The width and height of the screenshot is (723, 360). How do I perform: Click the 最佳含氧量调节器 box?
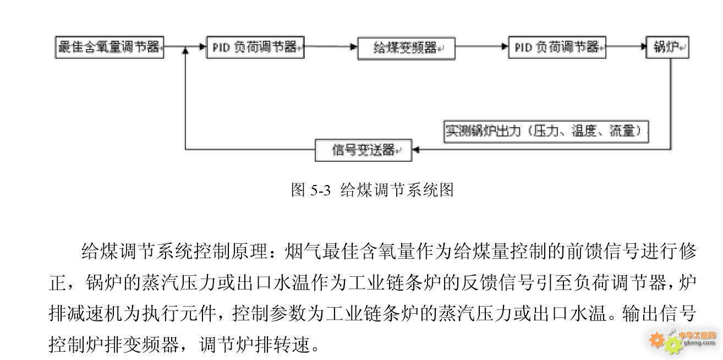tap(109, 47)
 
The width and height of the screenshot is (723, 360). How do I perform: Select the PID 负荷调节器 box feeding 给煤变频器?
tap(255, 47)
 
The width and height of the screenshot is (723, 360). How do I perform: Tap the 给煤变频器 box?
tap(407, 48)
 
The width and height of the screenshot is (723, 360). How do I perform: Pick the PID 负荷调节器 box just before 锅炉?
tap(557, 47)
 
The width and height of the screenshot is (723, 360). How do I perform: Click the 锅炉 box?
tap(667, 47)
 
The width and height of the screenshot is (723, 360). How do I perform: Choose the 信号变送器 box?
tap(364, 150)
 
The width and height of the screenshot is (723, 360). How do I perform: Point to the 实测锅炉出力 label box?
tap(546, 132)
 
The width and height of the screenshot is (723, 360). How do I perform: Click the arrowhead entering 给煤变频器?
tap(354, 47)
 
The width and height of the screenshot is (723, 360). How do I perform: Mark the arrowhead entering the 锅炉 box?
tap(643, 46)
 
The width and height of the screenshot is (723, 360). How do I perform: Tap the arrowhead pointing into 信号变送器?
tap(416, 150)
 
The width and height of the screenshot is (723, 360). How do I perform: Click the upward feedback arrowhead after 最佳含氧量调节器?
tap(185, 51)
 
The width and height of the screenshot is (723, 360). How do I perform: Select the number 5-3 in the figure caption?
tap(320, 190)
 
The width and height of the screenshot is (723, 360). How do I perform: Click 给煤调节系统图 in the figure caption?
tap(397, 190)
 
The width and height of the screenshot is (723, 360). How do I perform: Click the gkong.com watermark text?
tap(699, 342)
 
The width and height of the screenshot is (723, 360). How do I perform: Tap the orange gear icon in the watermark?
tap(656, 340)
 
